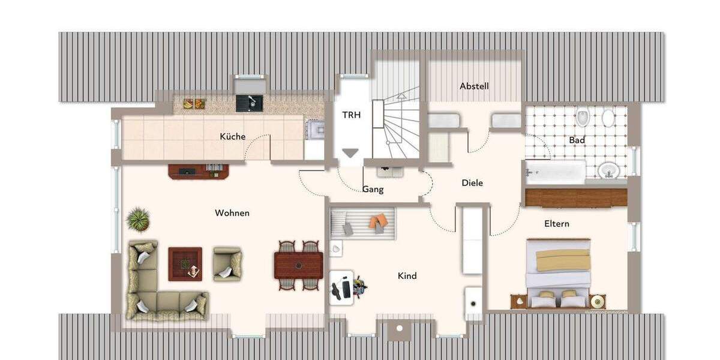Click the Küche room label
point(232,137)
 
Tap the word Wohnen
point(232,213)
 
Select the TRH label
point(352,115)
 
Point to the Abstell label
point(474,86)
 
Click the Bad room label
point(577,140)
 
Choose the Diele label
point(472,183)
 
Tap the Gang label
point(373,190)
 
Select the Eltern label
point(557,224)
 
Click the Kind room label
point(407,276)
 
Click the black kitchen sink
point(249,103)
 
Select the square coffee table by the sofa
point(185,263)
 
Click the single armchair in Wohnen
point(227,263)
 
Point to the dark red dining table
point(298,265)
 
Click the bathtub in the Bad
point(555,172)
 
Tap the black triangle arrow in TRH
point(350,154)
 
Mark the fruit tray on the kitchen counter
point(194,103)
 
